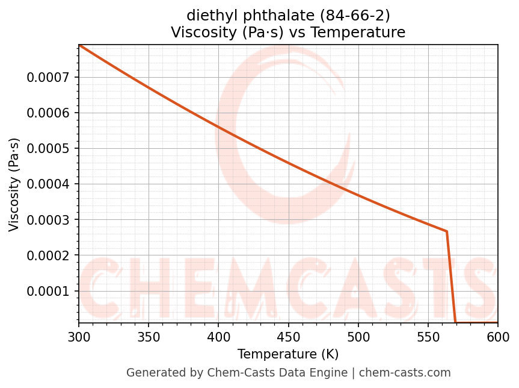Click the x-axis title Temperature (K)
tap(288, 354)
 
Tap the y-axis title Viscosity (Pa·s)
tap(14, 184)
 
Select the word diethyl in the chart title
tap(207, 15)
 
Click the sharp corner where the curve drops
tap(446, 231)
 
